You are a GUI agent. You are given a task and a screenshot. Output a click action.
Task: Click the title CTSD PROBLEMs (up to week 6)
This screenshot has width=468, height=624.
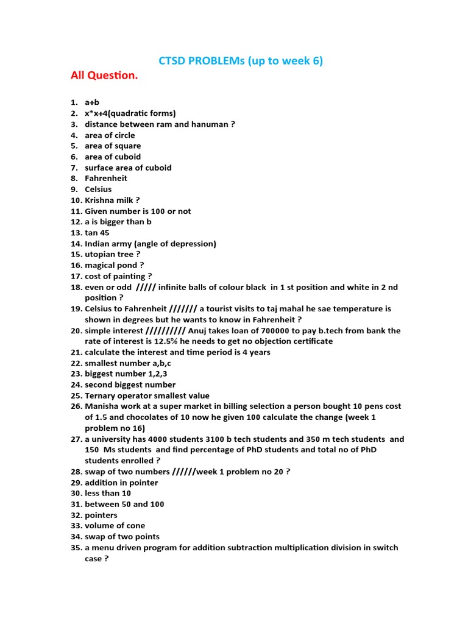click(241, 61)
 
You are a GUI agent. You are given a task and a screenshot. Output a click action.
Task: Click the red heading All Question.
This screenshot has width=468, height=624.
click(104, 76)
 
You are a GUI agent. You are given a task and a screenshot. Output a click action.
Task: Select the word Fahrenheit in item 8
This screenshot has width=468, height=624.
click(106, 179)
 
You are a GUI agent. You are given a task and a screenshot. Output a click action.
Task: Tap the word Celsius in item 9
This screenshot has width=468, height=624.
click(98, 190)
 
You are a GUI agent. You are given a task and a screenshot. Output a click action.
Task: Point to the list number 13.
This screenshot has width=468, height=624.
click(76, 233)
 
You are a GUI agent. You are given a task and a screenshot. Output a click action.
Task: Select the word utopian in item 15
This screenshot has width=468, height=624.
click(100, 254)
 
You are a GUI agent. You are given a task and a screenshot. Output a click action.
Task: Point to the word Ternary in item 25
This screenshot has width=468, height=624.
click(101, 395)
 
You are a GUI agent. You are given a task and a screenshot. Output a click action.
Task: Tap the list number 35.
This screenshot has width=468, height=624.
click(76, 548)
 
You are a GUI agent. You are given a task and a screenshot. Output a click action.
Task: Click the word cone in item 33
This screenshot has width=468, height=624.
click(135, 526)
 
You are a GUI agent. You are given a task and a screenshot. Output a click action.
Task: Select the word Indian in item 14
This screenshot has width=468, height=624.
click(98, 244)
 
